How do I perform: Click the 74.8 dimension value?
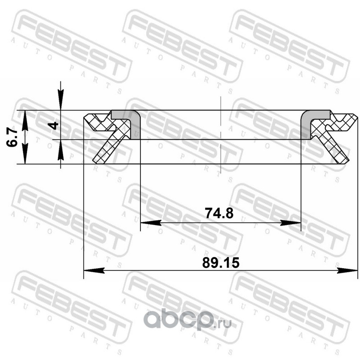coord(219,213)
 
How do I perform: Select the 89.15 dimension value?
coord(220,263)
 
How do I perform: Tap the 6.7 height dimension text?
coord(12,137)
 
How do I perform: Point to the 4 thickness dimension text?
coord(54,126)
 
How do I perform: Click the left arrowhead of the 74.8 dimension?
coord(151,222)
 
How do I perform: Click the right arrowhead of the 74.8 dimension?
coord(290,222)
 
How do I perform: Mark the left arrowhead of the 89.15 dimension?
coord(94,270)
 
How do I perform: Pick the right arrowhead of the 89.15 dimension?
coord(347,270)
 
